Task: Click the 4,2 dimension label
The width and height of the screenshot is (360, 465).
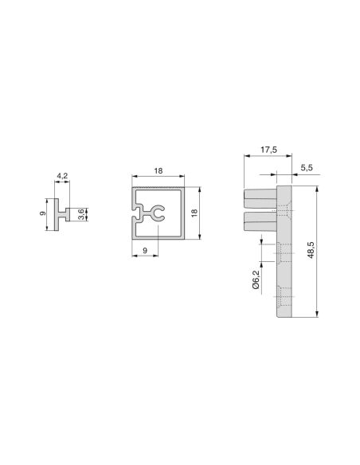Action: (62, 176)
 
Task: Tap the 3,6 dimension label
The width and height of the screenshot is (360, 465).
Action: (80, 214)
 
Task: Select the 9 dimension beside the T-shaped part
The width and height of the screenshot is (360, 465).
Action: (42, 213)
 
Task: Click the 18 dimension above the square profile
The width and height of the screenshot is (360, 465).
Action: (158, 171)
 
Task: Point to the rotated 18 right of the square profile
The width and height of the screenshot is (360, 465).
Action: (194, 213)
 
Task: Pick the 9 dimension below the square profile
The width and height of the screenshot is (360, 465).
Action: (145, 251)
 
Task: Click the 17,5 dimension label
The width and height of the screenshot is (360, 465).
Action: (268, 150)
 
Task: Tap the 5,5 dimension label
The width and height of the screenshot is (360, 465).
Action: (307, 167)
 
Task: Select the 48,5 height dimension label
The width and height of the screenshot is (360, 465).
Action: (311, 250)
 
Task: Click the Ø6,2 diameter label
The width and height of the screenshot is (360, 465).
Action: (256, 279)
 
